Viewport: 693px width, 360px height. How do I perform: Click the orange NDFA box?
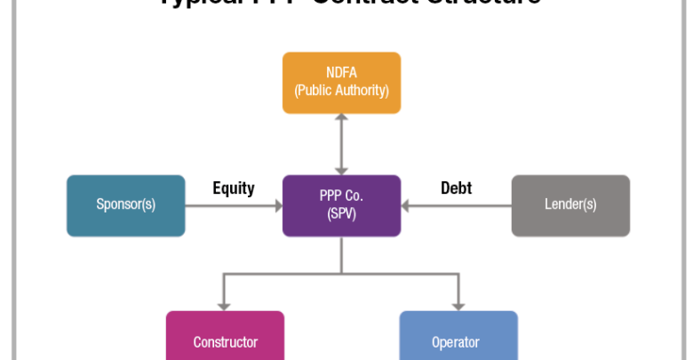click(341, 83)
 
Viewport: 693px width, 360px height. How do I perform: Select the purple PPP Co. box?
click(341, 205)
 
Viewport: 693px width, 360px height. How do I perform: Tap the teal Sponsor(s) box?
click(125, 205)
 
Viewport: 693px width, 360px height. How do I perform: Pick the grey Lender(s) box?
click(570, 205)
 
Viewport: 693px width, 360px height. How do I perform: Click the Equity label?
click(234, 188)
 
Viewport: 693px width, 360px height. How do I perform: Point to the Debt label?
click(456, 188)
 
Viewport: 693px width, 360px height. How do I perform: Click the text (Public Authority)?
click(341, 91)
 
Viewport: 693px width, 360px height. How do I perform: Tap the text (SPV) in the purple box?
click(341, 213)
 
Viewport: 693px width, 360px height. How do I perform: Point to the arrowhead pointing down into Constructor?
click(225, 305)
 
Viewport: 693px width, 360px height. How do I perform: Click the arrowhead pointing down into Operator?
click(458, 305)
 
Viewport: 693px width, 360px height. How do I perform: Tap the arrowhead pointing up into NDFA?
click(341, 120)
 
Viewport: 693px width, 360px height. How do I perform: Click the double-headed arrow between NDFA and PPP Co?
click(341, 144)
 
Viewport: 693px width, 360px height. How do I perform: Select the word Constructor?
click(225, 342)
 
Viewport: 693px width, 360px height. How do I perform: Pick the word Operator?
click(455, 342)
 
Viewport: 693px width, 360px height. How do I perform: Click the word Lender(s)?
click(570, 204)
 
